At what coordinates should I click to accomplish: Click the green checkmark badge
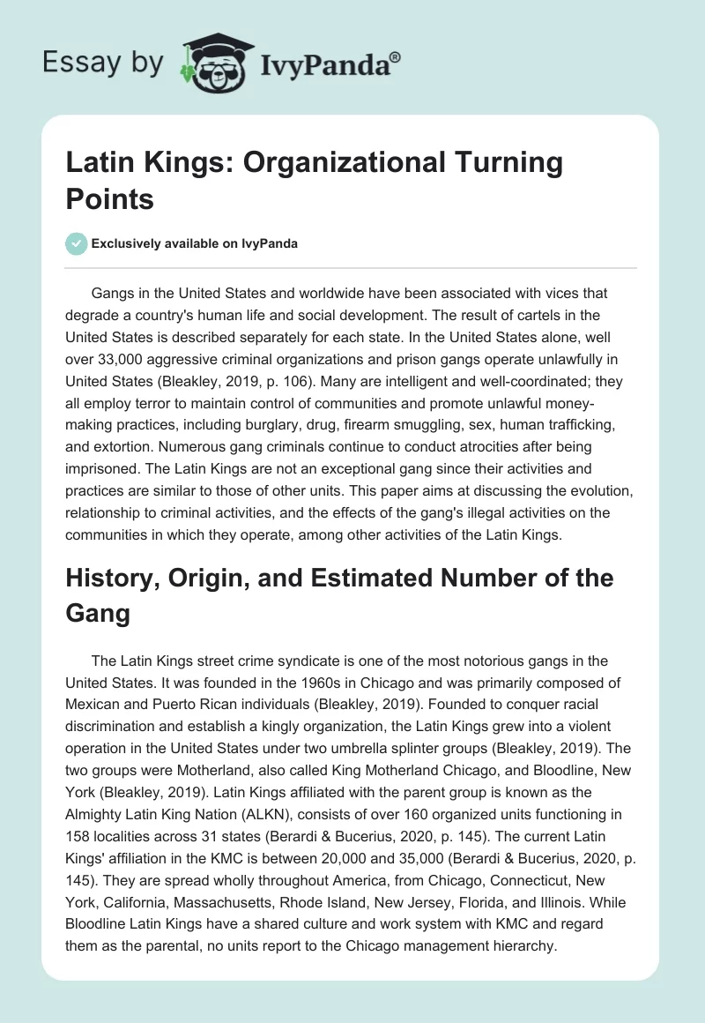coord(76,243)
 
